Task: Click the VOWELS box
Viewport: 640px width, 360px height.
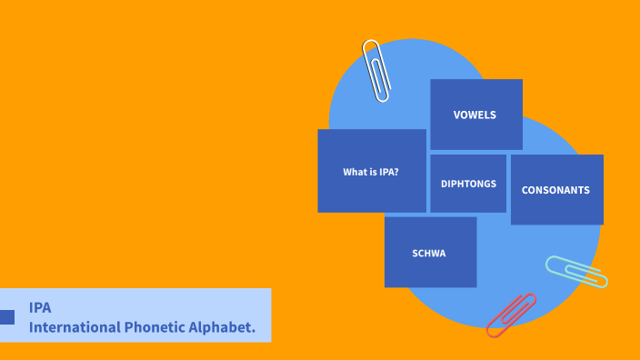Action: (x=476, y=115)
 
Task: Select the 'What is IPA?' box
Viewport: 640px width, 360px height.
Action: (x=371, y=171)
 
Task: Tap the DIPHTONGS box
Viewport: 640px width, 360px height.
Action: (x=468, y=184)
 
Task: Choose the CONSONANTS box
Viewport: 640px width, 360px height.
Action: (x=556, y=190)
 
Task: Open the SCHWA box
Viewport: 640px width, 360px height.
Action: (x=430, y=252)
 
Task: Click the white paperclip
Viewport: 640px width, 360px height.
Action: (x=376, y=69)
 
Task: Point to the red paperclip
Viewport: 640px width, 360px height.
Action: (x=511, y=315)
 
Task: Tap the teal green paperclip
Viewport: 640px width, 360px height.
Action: (x=576, y=271)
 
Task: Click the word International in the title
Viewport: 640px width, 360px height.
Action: (x=71, y=326)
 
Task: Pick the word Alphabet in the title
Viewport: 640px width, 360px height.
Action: (x=218, y=326)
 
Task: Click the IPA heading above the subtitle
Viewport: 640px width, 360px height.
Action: (x=40, y=307)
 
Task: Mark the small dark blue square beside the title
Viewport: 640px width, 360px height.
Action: (x=6, y=316)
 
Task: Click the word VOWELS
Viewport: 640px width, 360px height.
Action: (x=475, y=115)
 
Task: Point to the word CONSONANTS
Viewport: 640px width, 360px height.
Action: (x=555, y=191)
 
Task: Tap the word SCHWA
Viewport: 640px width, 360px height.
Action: (x=429, y=253)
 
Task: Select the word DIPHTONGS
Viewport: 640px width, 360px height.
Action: (x=468, y=184)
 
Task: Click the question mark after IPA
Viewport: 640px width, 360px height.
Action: (x=396, y=172)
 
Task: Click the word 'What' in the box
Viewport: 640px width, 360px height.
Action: (x=354, y=172)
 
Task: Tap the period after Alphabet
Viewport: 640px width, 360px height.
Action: (x=254, y=329)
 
